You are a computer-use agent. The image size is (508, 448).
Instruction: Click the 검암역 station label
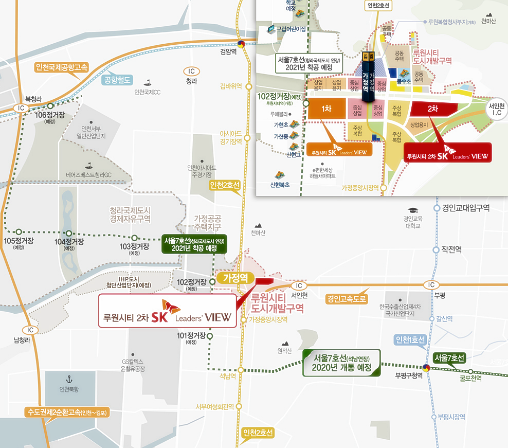(x=228, y=52)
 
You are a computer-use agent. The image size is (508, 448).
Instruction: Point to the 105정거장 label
(x=19, y=241)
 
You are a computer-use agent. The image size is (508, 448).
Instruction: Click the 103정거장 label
(x=134, y=247)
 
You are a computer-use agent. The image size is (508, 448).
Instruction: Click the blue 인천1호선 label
(x=410, y=340)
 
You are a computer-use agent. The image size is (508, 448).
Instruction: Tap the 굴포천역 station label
(x=470, y=379)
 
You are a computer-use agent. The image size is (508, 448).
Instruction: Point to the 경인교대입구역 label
(x=466, y=208)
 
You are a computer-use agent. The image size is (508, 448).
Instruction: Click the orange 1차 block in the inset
(x=325, y=109)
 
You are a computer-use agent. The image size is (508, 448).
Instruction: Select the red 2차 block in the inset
(x=432, y=109)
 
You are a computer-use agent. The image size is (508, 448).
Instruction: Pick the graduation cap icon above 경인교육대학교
(x=412, y=210)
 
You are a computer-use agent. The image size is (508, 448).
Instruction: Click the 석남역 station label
(x=228, y=376)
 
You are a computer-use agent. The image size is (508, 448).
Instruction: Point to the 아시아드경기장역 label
(x=230, y=137)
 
